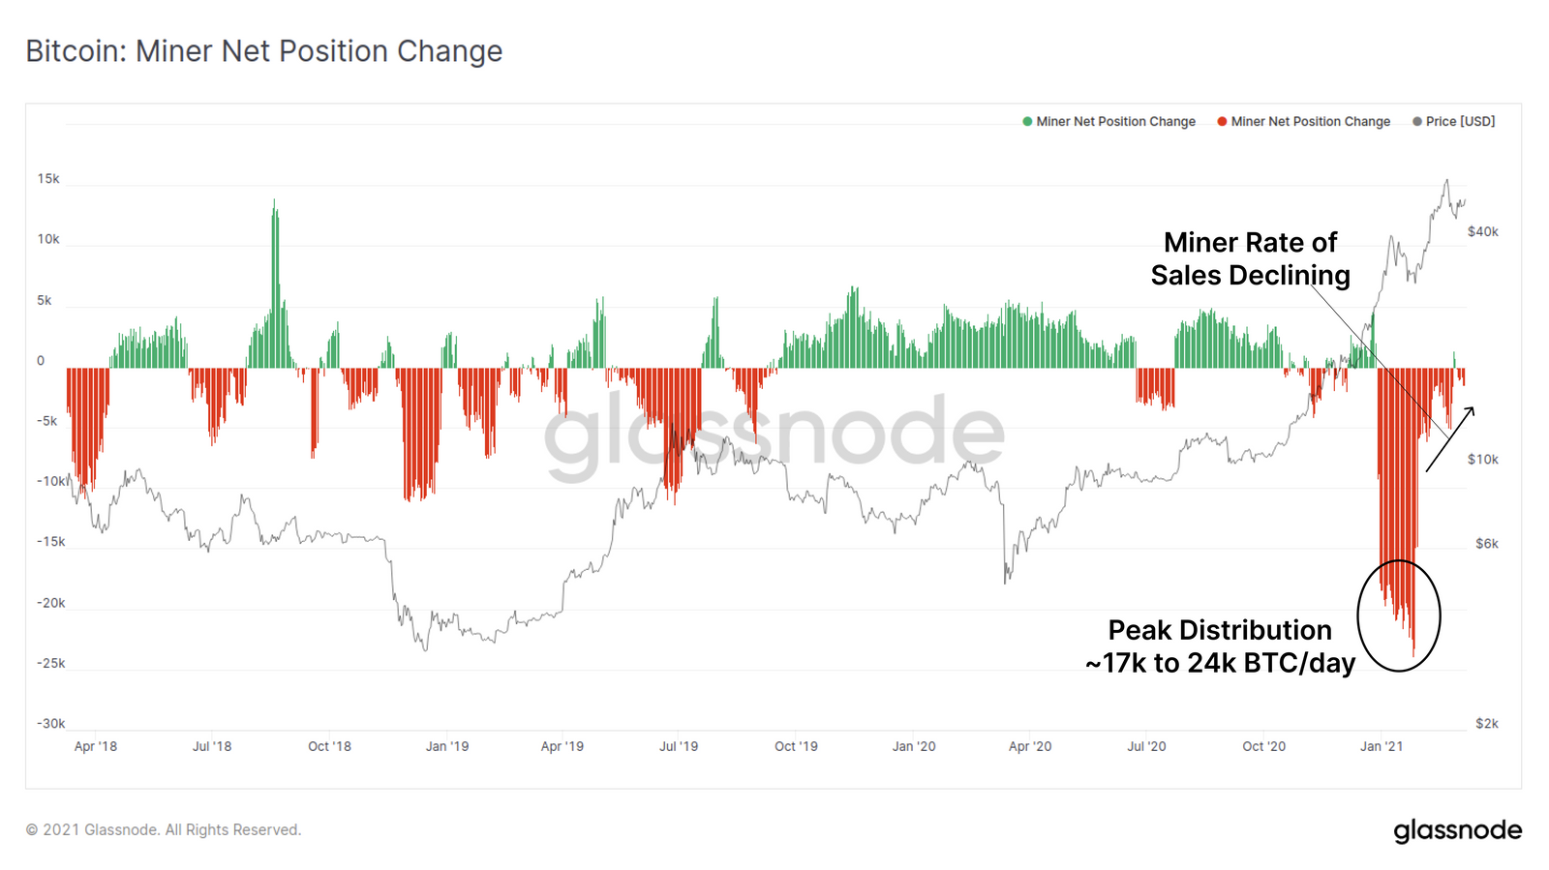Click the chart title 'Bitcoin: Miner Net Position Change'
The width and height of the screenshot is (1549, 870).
tap(263, 51)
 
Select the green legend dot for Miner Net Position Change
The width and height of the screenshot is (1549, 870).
tap(1027, 121)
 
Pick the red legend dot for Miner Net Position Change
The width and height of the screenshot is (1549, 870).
tap(1222, 121)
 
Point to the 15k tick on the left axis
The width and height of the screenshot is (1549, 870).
tap(48, 179)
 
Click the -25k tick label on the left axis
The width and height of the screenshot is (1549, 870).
tap(50, 663)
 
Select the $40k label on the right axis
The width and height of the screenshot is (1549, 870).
tap(1482, 231)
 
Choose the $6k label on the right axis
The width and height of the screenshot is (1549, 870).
tap(1486, 544)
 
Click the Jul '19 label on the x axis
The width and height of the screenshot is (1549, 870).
tap(679, 746)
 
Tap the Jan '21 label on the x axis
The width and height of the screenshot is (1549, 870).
tap(1381, 746)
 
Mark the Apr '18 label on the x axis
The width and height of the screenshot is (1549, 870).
tap(95, 746)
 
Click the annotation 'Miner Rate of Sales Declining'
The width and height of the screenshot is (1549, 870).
tap(1250, 258)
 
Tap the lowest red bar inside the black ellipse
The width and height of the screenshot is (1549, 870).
tap(1413, 654)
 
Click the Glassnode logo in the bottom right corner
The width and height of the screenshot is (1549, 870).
tap(1457, 830)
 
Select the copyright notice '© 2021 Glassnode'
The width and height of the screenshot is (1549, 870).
tap(163, 829)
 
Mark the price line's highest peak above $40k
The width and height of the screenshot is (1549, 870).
tap(1447, 180)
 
